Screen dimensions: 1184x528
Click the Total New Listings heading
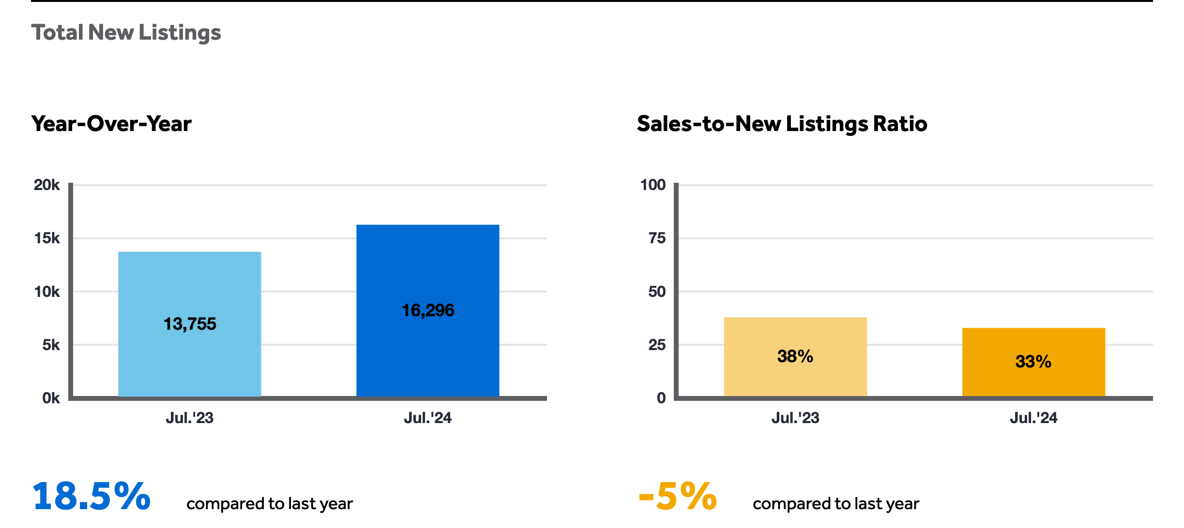126,33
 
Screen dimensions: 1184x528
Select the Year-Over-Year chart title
111,124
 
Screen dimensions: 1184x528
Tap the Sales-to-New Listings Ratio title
782,124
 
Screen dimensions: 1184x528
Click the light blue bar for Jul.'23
190,324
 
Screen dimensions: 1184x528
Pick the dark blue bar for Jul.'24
428,310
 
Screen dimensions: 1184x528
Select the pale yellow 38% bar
795,357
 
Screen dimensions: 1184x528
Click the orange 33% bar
1033,362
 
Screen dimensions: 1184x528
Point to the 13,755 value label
190,324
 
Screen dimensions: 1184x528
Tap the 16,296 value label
428,310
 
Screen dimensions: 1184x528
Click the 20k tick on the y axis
47,185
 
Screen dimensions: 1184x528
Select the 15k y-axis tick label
47,238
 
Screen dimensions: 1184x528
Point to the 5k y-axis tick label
51,345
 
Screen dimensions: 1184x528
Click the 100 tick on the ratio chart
653,185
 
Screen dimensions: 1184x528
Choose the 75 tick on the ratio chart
657,238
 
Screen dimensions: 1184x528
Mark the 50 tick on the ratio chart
657,292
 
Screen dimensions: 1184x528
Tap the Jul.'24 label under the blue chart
428,418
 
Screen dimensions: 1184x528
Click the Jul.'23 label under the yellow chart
795,418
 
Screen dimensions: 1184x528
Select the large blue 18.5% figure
91,496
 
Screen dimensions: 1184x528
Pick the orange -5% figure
678,496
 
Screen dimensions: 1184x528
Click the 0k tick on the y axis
51,398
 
